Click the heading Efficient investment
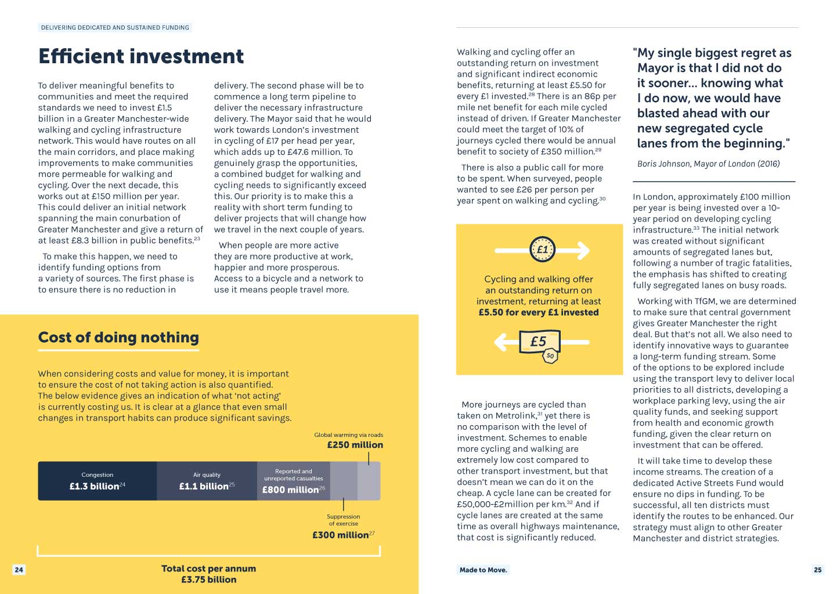click(141, 56)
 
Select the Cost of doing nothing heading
click(118, 338)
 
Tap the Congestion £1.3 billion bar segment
click(97, 481)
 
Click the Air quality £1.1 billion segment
click(207, 481)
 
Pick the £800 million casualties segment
click(293, 481)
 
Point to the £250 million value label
click(355, 445)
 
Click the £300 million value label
click(341, 535)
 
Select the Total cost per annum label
click(208, 568)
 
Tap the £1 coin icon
click(542, 250)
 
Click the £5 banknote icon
click(539, 341)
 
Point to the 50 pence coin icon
click(550, 356)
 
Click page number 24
click(19, 570)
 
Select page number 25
click(817, 570)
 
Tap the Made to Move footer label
click(483, 570)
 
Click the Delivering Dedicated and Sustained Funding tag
click(115, 27)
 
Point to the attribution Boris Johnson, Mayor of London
click(708, 164)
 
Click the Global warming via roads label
click(348, 434)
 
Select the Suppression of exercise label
click(343, 520)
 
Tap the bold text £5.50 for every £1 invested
click(538, 312)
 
